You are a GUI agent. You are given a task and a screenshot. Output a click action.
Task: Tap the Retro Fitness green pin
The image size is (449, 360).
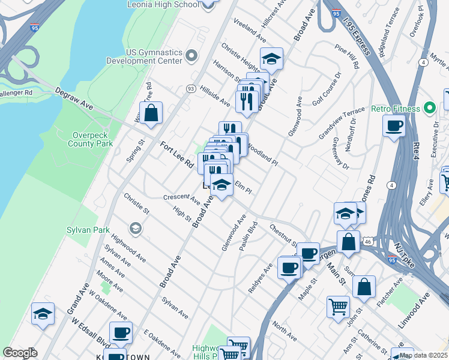point(430,109)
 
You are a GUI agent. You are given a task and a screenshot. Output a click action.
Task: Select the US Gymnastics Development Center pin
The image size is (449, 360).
point(192,56)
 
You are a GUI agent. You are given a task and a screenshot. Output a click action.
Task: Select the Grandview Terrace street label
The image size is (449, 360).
point(342,124)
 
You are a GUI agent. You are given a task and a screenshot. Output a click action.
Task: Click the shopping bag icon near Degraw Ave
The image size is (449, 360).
point(151,112)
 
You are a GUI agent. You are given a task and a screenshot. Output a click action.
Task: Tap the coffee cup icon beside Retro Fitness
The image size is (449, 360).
point(394,126)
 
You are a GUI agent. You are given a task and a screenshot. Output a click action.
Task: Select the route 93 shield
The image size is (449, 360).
point(190,89)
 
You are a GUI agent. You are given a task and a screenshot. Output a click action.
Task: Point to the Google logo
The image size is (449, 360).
point(20,353)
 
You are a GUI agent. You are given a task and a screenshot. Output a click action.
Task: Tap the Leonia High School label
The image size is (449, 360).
point(163,5)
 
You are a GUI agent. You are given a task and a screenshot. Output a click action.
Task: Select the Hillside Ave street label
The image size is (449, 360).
point(215,95)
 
